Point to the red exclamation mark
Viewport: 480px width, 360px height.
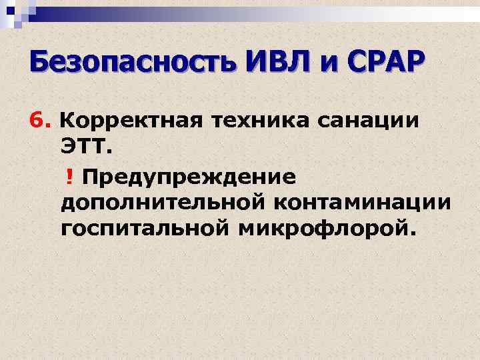pos(69,175)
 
